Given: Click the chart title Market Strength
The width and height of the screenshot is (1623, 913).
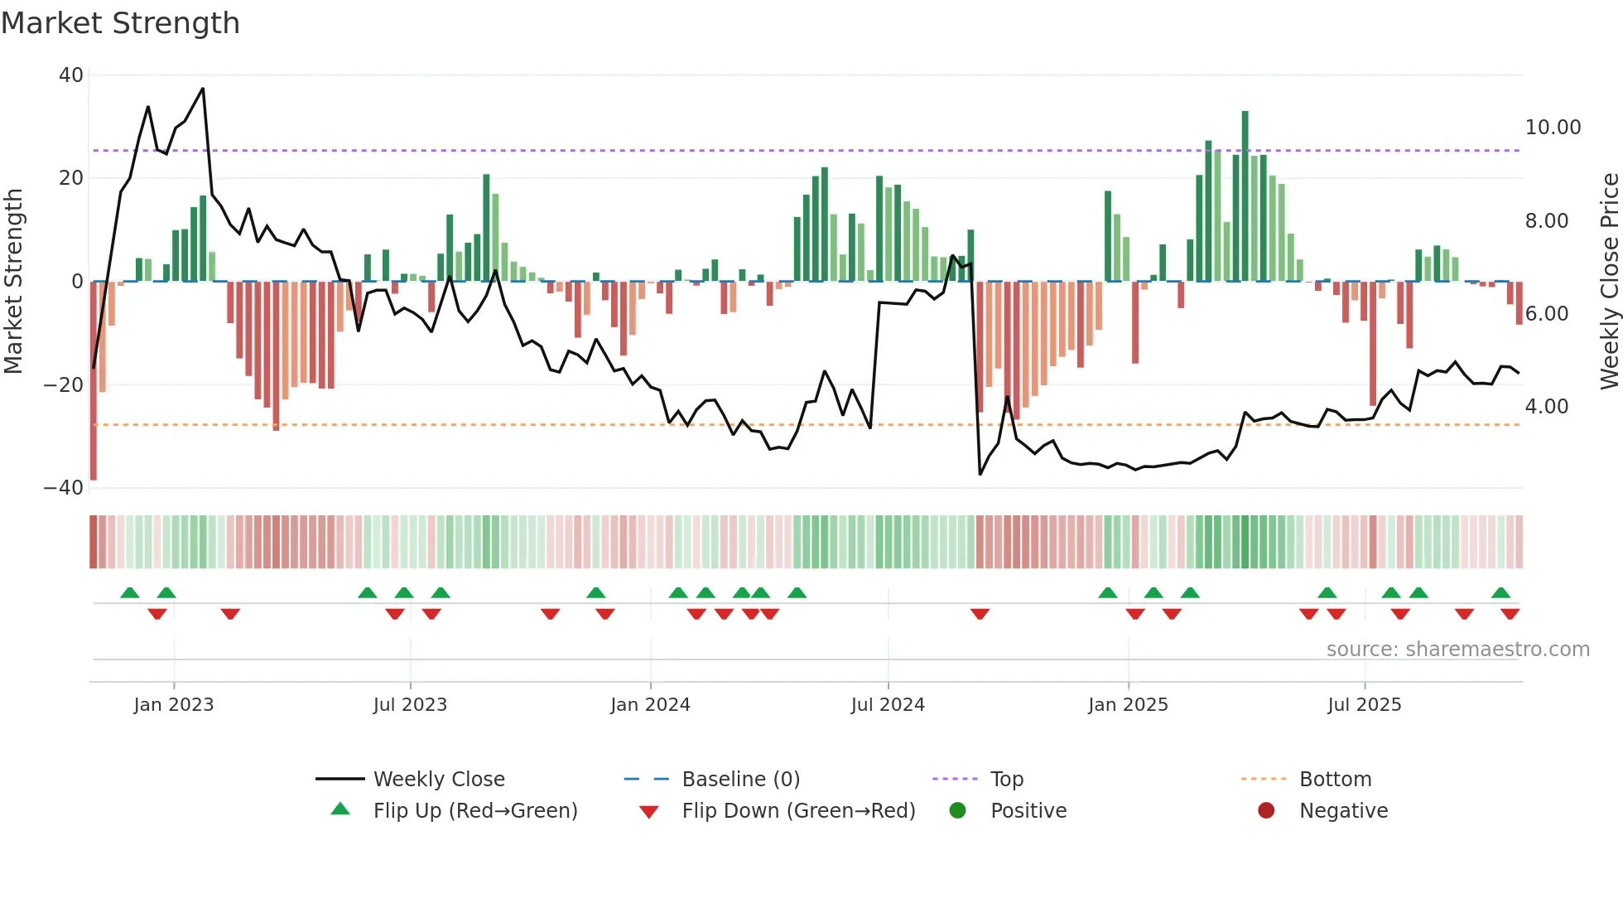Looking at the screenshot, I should pyautogui.click(x=120, y=23).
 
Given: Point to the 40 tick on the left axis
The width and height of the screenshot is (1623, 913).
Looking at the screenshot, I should pyautogui.click(x=71, y=75).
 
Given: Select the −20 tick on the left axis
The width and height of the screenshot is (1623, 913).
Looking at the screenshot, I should pyautogui.click(x=64, y=385).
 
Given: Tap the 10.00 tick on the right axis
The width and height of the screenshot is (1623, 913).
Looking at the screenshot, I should pyautogui.click(x=1553, y=128).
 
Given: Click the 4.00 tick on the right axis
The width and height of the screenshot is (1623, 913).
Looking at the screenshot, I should pyautogui.click(x=1546, y=407).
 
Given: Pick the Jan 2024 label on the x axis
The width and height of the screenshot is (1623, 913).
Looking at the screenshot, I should pyautogui.click(x=650, y=705).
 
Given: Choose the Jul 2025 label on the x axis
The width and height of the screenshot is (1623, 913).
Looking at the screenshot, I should pyautogui.click(x=1364, y=705).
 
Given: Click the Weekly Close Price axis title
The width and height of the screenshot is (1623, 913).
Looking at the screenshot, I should pyautogui.click(x=1609, y=282).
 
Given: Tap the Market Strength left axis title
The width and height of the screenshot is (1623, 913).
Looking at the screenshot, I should pyautogui.click(x=14, y=282).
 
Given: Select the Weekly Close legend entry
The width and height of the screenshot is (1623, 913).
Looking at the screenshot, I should pyautogui.click(x=438, y=780).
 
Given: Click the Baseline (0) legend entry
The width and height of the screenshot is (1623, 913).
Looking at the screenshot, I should pyautogui.click(x=740, y=780).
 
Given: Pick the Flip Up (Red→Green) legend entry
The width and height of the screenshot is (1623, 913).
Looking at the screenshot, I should pyautogui.click(x=474, y=811).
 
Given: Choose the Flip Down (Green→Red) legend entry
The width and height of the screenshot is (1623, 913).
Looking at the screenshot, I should pyautogui.click(x=798, y=811).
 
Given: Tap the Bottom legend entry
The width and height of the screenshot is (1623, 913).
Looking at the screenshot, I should pyautogui.click(x=1335, y=780).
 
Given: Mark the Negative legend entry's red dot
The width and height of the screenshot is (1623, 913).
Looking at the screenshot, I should pyautogui.click(x=1266, y=811).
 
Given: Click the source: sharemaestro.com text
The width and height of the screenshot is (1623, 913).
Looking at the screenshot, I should pyautogui.click(x=1457, y=650).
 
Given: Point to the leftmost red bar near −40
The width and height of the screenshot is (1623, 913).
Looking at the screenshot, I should pyautogui.click(x=94, y=381).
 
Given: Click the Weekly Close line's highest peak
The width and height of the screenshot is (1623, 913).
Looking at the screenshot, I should pyautogui.click(x=203, y=89).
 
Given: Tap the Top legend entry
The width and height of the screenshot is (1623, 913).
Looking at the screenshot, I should pyautogui.click(x=1006, y=780).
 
